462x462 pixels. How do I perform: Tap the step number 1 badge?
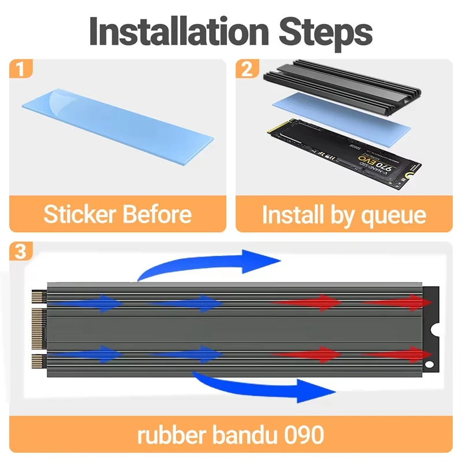pyautogui.click(x=20, y=70)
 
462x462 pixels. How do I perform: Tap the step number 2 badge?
pyautogui.click(x=247, y=70)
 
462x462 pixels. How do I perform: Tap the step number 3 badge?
pyautogui.click(x=20, y=252)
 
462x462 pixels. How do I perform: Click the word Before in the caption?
pyautogui.click(x=157, y=214)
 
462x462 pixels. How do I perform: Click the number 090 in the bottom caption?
pyautogui.click(x=304, y=434)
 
